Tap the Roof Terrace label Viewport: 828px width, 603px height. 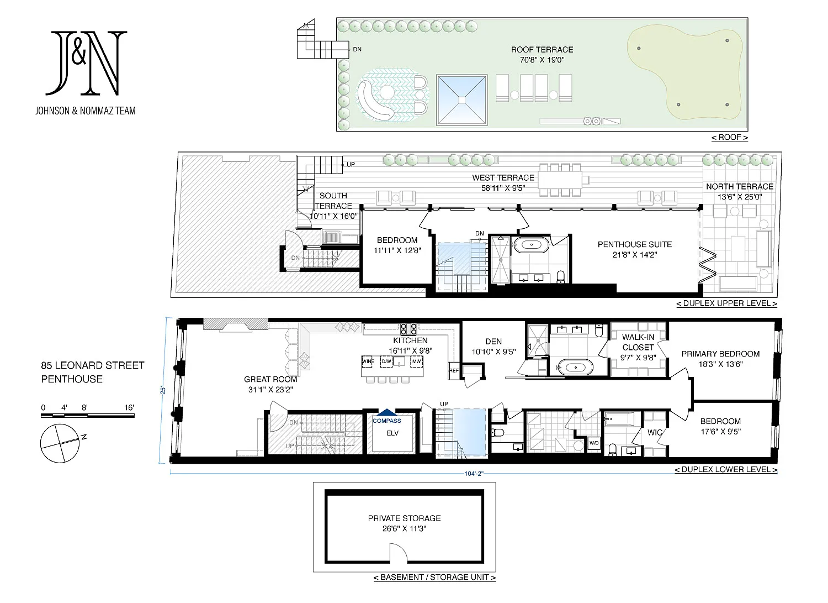point(542,50)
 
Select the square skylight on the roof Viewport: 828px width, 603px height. point(461,100)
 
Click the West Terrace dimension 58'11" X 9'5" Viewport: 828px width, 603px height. point(503,188)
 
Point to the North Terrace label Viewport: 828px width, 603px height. point(740,187)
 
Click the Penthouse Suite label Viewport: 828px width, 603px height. point(635,244)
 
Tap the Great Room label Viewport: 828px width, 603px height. point(270,379)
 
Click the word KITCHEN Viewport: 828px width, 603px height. point(410,340)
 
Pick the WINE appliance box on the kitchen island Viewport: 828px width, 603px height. point(368,361)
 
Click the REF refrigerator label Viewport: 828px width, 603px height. point(454,370)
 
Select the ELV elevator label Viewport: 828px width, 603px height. point(392,433)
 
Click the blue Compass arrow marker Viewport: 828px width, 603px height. point(387,412)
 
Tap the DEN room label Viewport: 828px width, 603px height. point(493,342)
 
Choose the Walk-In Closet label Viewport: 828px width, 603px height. point(638,342)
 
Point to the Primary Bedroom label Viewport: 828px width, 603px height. point(720,354)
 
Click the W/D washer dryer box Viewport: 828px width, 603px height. point(594,443)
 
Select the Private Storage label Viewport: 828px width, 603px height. point(404,518)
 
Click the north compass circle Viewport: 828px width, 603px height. point(60,443)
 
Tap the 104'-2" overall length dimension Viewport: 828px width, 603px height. point(474,474)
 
